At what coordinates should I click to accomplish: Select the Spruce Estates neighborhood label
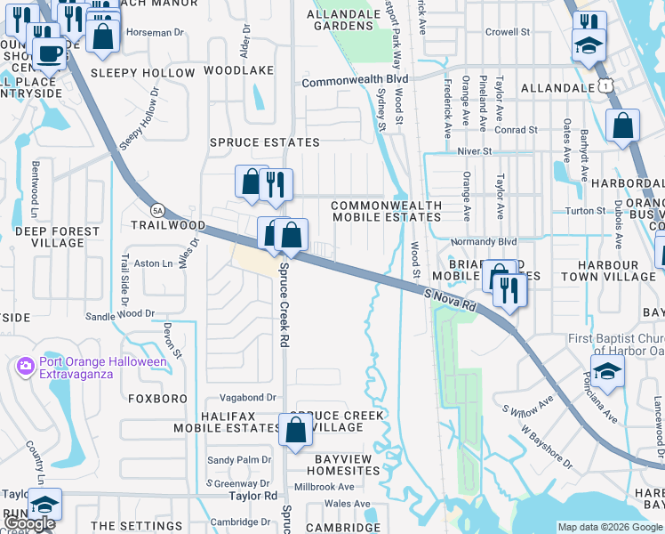pos(264,142)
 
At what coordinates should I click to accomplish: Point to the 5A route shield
pos(158,210)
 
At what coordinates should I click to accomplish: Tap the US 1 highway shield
pos(605,85)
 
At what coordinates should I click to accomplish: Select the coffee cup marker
pos(48,53)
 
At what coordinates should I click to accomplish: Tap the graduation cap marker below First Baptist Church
pos(607,372)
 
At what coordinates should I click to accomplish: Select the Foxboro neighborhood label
pos(157,399)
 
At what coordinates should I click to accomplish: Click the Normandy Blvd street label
pos(483,241)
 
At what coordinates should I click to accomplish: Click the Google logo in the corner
pos(31,523)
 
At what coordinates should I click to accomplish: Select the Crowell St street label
pos(508,32)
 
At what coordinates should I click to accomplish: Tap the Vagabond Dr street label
pos(236,397)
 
